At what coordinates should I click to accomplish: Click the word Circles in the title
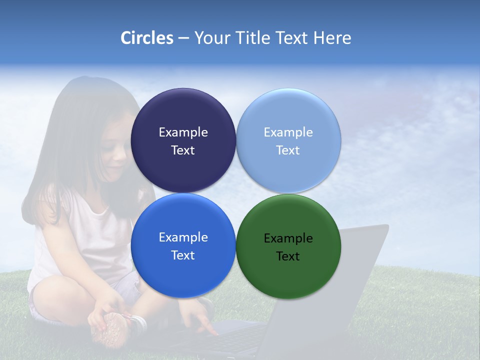pyautogui.click(x=146, y=38)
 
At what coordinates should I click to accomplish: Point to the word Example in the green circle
pyautogui.click(x=288, y=238)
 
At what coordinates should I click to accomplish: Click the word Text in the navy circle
pyautogui.click(x=183, y=150)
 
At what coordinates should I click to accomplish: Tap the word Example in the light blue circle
pyautogui.click(x=288, y=132)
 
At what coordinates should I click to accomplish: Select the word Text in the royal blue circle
pyautogui.click(x=183, y=255)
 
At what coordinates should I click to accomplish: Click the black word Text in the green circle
pyautogui.click(x=288, y=256)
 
